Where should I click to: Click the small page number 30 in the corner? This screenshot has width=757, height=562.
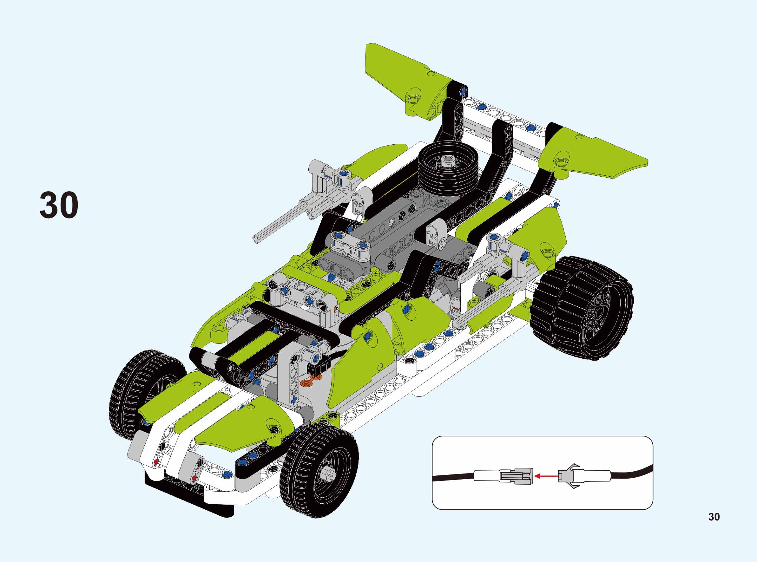[714, 517]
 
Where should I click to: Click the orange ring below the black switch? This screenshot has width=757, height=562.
[307, 384]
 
